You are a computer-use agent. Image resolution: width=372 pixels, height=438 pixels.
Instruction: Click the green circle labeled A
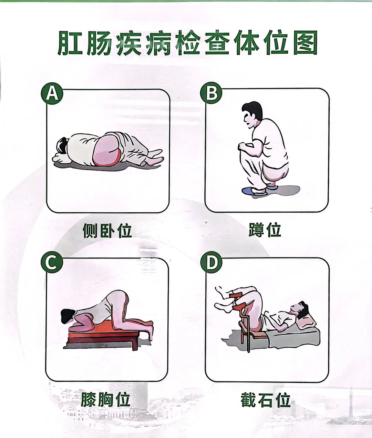pyautogui.click(x=52, y=93)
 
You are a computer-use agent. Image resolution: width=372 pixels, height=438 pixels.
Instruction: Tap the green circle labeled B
pyautogui.click(x=211, y=93)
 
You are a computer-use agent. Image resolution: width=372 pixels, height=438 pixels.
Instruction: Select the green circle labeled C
pyautogui.click(x=52, y=262)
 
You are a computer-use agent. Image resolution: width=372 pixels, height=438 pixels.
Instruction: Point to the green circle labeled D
pyautogui.click(x=211, y=262)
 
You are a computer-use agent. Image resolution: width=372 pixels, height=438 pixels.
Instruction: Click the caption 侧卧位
pyautogui.click(x=107, y=230)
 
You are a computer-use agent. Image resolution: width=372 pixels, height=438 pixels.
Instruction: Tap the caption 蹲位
pyautogui.click(x=265, y=230)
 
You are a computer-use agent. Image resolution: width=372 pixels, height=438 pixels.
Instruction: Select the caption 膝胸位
pyautogui.click(x=105, y=400)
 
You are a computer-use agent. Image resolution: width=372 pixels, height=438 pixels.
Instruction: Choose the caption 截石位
pyautogui.click(x=265, y=400)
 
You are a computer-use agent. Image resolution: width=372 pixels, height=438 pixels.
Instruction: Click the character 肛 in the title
pyautogui.click(x=70, y=43)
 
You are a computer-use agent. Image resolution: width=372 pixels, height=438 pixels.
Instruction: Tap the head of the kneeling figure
pyautogui.click(x=68, y=316)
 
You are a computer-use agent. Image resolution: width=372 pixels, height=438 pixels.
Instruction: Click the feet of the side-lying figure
pyautogui.click(x=154, y=158)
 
